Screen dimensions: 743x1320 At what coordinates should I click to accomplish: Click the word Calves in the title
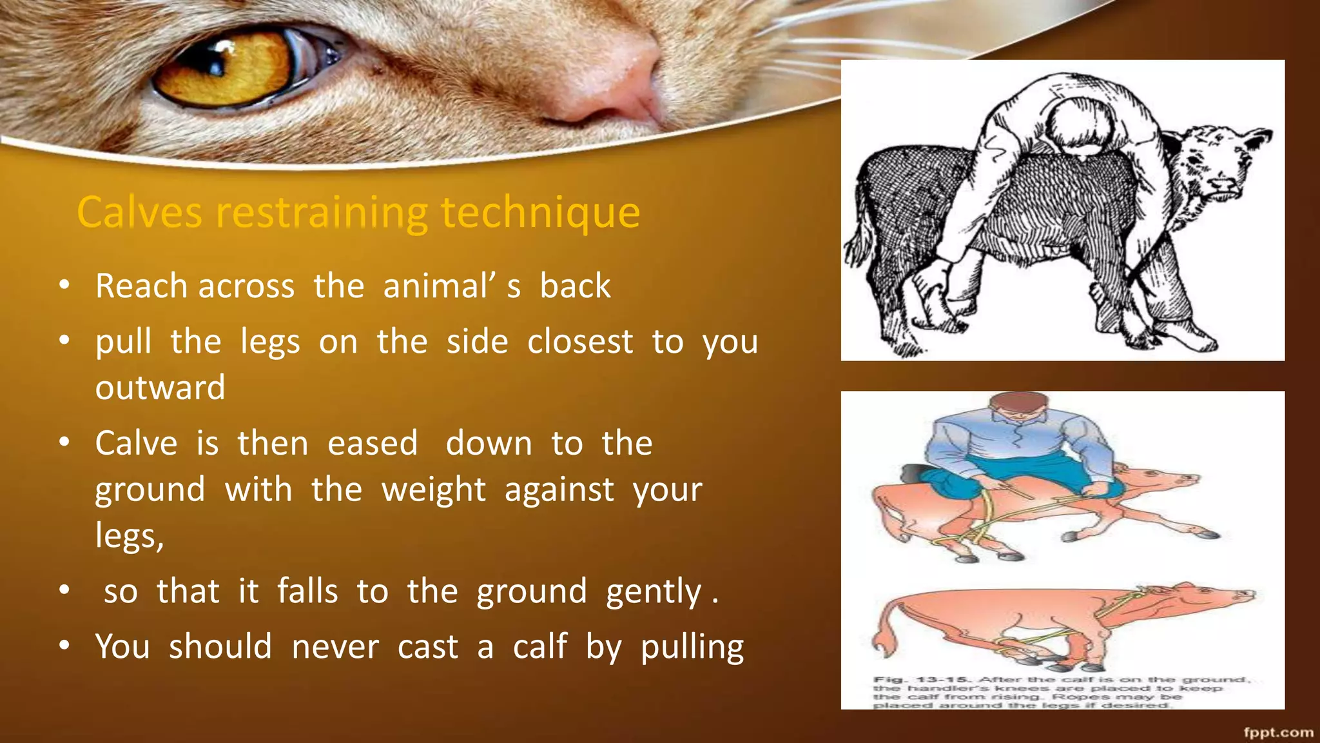[x=139, y=212]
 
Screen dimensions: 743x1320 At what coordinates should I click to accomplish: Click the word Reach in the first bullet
[x=141, y=286]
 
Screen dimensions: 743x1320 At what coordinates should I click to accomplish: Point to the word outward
[x=160, y=388]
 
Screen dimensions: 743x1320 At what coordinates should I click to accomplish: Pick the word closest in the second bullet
[x=580, y=342]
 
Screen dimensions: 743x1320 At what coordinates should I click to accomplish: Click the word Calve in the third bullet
[x=136, y=444]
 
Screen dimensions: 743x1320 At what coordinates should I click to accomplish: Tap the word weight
[x=433, y=490]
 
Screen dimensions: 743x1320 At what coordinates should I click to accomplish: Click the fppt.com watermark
[x=1278, y=732]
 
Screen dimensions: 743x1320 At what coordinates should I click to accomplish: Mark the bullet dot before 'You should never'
[x=64, y=645]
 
